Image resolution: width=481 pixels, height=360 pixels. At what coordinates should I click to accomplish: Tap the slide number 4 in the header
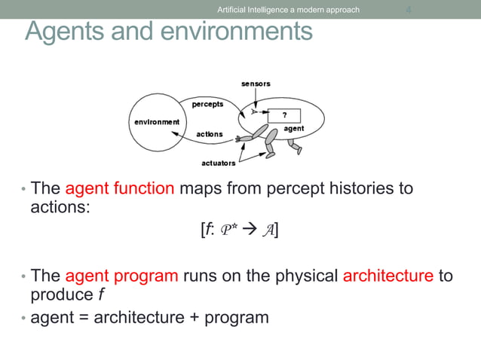(x=408, y=10)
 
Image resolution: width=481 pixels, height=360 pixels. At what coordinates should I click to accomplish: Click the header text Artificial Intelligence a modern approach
(x=288, y=10)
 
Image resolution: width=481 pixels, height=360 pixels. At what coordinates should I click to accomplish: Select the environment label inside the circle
(x=157, y=121)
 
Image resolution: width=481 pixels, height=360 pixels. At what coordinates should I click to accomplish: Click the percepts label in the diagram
(x=208, y=104)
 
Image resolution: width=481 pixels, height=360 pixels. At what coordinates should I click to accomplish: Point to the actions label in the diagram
(x=210, y=134)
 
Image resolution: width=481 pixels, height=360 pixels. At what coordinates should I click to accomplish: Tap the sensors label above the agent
(x=256, y=83)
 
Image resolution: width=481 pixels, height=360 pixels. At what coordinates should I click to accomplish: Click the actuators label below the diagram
(x=219, y=163)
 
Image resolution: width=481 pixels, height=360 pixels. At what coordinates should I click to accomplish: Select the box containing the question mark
(x=284, y=115)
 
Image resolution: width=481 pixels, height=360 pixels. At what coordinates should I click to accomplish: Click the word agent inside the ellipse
(x=294, y=130)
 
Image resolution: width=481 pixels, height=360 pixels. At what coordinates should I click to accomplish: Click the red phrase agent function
(x=120, y=188)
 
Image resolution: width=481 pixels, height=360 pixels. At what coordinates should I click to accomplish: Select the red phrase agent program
(x=121, y=275)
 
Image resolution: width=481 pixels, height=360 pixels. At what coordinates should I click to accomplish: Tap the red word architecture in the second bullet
(x=388, y=275)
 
